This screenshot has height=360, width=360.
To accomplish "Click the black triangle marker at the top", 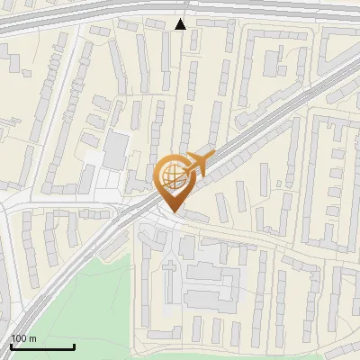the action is point(181,24).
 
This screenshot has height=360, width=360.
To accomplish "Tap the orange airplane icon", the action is point(197,164).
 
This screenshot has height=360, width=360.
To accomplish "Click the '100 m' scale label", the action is point(24,338).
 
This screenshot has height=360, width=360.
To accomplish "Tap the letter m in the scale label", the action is point(33,338).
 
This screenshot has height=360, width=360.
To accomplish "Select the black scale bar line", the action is point(42,346).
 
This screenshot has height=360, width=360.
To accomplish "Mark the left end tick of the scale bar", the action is point(11,345).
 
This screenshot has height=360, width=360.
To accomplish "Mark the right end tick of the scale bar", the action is point(74,345).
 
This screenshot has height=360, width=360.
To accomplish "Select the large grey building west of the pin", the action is point(115,150).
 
